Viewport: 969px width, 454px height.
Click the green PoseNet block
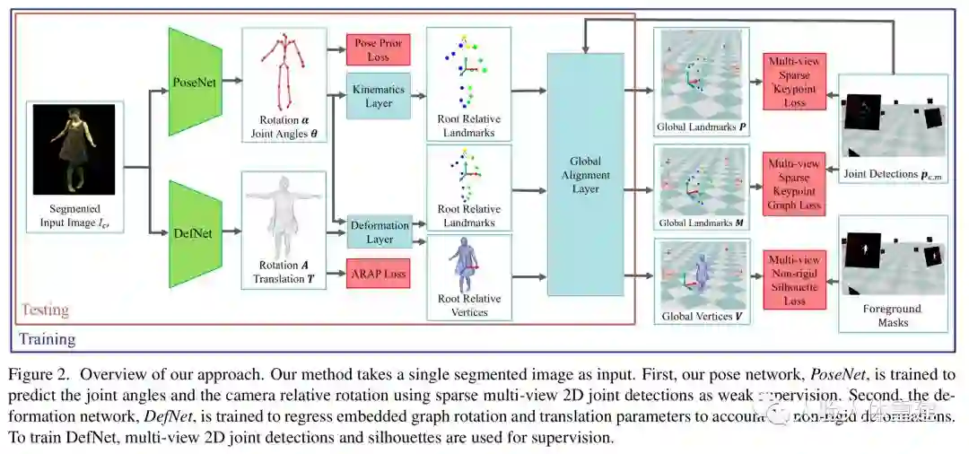coord(194,81)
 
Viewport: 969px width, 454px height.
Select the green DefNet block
coord(194,232)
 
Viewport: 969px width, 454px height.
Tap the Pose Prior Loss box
coord(378,49)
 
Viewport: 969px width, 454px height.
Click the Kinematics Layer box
coord(378,97)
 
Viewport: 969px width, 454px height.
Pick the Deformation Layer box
coord(379,231)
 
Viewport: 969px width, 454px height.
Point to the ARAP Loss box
coord(378,273)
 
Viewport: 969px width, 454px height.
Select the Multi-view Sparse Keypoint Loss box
coord(795,83)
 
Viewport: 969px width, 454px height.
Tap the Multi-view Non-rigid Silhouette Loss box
coord(795,280)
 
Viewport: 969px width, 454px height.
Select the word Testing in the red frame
coord(45,310)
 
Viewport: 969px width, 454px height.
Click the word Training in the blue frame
coord(48,339)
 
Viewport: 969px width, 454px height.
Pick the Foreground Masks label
coord(892,316)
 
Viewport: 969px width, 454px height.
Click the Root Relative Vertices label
coord(469,305)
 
